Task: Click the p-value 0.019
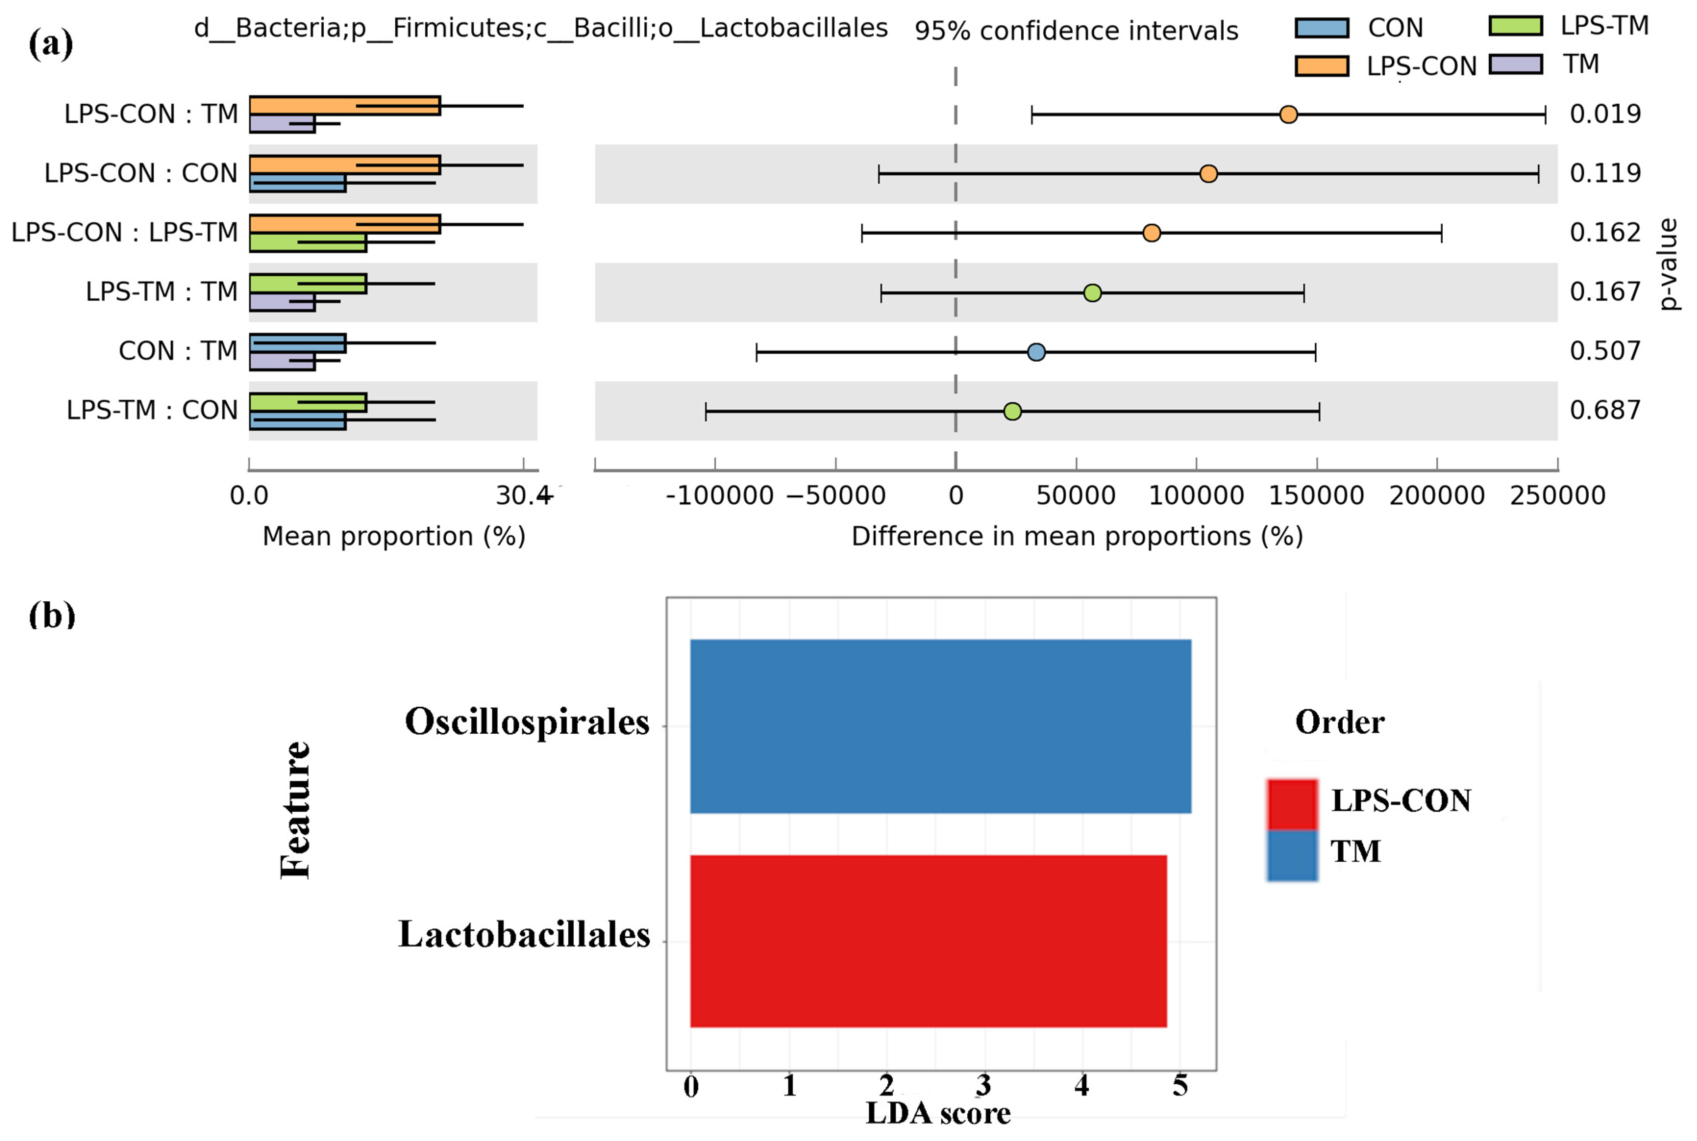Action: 1605,114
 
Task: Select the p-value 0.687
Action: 1605,410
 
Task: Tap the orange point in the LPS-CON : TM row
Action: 1288,114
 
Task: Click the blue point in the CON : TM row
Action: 1036,352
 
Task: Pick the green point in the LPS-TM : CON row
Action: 1012,411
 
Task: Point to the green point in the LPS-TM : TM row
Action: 1092,293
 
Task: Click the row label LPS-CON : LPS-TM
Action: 125,233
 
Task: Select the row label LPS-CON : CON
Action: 141,173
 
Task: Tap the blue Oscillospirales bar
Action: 940,725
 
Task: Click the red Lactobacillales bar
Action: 928,941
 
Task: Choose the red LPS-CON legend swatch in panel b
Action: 1291,803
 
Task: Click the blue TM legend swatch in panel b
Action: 1291,855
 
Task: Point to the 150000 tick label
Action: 1316,496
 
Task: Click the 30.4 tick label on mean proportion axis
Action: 523,496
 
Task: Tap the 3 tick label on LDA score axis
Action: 984,1086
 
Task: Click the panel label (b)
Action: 52,615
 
